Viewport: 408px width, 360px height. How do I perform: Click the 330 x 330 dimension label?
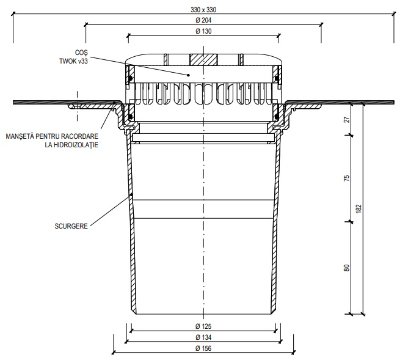(203, 10)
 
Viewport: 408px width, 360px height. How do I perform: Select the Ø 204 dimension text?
(203, 20)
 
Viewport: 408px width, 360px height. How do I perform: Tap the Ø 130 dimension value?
(203, 31)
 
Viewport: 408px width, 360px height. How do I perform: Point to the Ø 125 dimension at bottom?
(203, 326)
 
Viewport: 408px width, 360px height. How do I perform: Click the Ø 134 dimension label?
(203, 337)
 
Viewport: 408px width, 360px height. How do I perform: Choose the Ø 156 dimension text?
(203, 348)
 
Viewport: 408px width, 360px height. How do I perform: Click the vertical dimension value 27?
(347, 119)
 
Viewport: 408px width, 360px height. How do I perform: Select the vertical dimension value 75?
(347, 178)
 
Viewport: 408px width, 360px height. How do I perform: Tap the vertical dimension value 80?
(347, 268)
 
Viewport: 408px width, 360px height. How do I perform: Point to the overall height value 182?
(359, 209)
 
